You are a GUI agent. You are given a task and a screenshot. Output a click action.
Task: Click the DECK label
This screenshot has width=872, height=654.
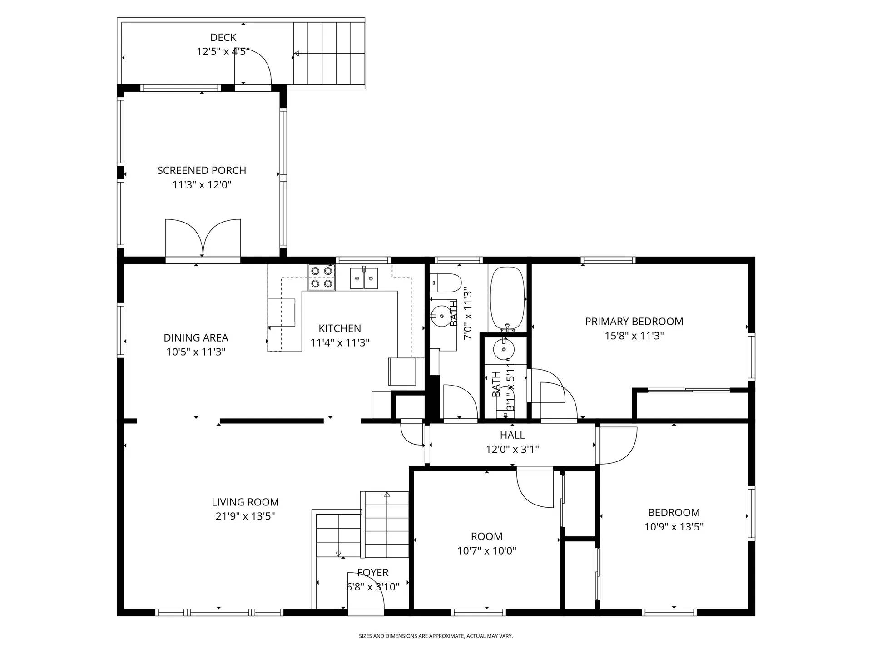[223, 37]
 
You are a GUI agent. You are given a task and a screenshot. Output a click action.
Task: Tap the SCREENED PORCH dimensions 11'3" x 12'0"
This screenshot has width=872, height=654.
[202, 185]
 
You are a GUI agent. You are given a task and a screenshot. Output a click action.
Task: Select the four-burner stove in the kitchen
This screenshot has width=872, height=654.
[322, 277]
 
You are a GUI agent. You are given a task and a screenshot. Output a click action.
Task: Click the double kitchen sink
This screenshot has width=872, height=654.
[364, 278]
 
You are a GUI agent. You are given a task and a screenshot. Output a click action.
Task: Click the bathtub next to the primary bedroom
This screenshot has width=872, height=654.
[507, 298]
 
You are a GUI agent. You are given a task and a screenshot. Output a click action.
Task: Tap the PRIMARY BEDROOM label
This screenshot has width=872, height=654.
[634, 322]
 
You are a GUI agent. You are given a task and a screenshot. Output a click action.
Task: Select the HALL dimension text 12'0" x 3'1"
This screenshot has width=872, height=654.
[512, 450]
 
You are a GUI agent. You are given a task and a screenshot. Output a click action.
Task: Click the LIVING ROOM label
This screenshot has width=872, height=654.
[245, 502]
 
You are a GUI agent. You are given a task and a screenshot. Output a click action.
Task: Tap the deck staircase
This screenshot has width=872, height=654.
[329, 53]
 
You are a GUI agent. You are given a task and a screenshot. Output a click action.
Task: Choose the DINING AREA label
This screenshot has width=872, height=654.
[196, 338]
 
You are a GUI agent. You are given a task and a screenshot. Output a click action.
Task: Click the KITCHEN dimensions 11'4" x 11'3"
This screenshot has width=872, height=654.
[340, 343]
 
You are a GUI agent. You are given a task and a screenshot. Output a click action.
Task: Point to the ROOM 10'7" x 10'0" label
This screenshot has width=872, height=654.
[486, 536]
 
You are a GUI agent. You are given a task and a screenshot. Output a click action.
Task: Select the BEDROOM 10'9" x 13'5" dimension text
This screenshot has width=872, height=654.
[674, 527]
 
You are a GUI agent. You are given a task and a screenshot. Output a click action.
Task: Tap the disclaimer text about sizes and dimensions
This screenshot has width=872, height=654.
[436, 636]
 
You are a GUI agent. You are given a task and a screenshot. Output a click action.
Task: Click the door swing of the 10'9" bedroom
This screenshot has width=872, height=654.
[618, 445]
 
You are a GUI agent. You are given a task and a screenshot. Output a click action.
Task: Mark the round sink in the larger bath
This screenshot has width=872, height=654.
[440, 317]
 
